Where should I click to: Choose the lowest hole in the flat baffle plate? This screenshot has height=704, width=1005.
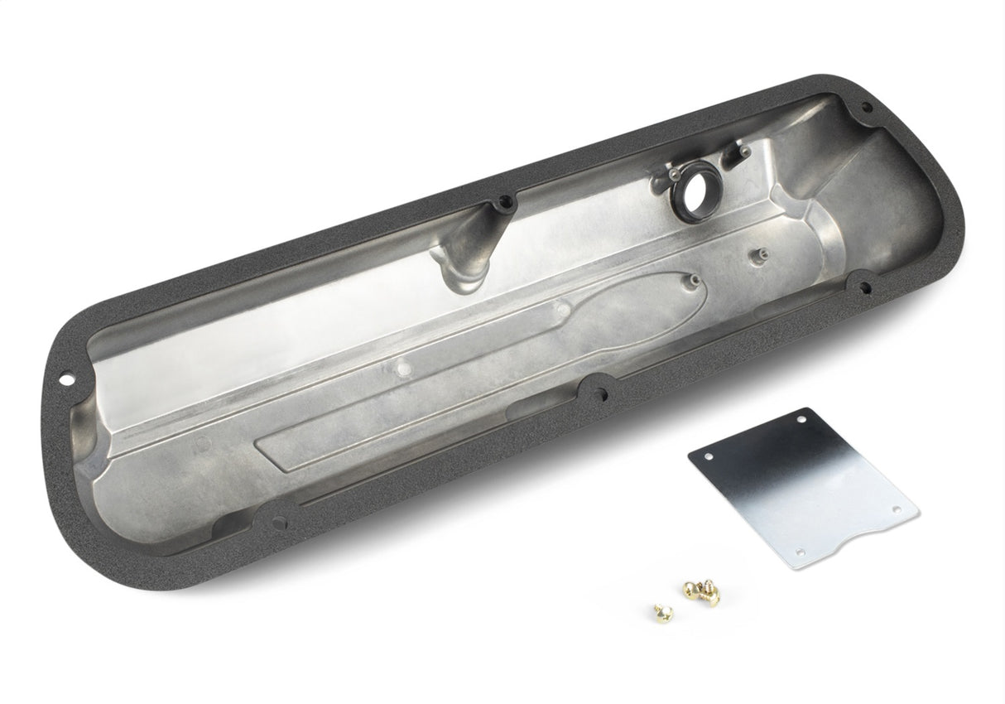pos(799,552)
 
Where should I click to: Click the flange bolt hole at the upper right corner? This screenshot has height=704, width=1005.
pos(866,107)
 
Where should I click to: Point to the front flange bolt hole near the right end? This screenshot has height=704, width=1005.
pos(864,287)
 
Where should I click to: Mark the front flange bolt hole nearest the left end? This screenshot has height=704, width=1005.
pos(279,523)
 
